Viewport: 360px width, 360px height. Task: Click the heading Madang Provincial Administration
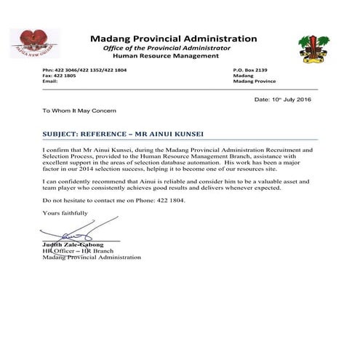click(173, 39)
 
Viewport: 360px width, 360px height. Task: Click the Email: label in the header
click(50, 81)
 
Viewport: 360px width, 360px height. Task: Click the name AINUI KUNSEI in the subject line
click(161, 134)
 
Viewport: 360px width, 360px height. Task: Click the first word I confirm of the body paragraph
click(57, 149)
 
